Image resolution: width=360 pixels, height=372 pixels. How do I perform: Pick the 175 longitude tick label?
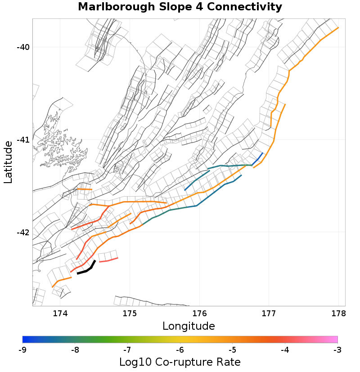point(130,313)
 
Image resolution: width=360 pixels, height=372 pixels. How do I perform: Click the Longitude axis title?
point(189,326)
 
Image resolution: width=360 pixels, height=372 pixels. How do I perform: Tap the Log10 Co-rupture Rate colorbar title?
point(180,362)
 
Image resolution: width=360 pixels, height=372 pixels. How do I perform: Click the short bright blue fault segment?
point(257,158)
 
